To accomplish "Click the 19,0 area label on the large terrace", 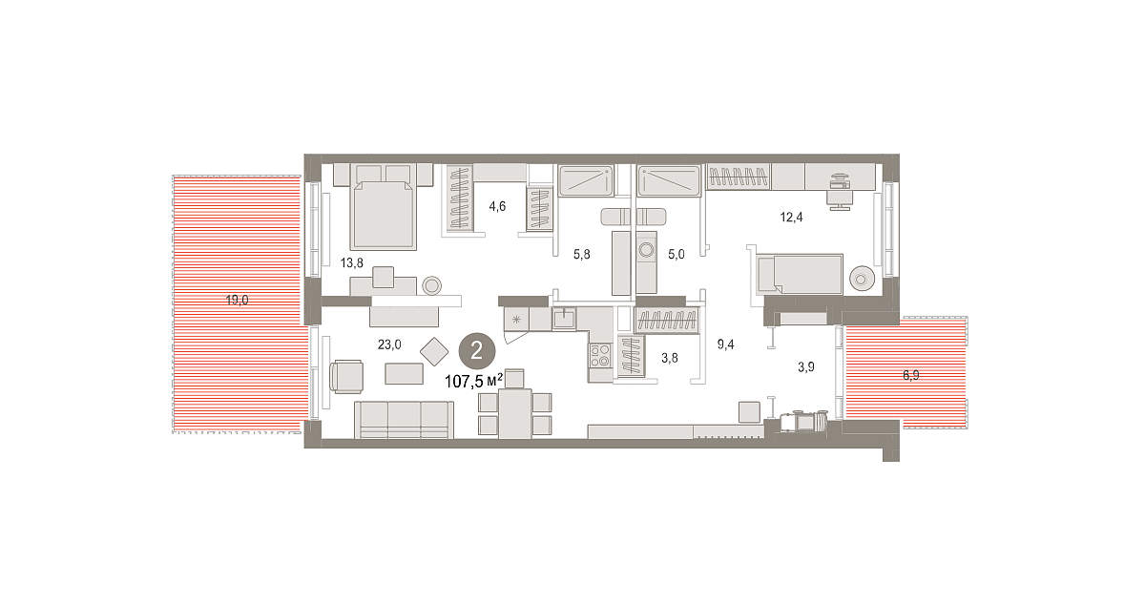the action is [238, 300].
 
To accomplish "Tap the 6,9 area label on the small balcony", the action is [911, 375].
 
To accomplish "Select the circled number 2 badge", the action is [477, 351].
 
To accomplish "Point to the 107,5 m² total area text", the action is [474, 381].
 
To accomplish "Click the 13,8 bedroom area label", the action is [352, 262].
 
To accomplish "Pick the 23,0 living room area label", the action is [389, 344].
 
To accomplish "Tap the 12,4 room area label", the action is [791, 218].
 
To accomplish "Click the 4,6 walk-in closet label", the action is [497, 206].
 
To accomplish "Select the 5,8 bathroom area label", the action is [582, 254].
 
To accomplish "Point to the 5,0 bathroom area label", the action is [677, 254].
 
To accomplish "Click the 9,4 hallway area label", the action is [725, 344].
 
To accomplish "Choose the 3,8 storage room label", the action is [670, 358].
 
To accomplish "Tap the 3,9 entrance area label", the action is [806, 366].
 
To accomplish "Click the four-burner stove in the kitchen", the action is [600, 355].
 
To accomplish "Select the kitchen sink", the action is [564, 318].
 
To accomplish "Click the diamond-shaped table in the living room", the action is [434, 352].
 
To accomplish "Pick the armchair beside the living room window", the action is [347, 376].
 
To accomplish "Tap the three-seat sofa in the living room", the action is [404, 420].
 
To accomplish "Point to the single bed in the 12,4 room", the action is [800, 275].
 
